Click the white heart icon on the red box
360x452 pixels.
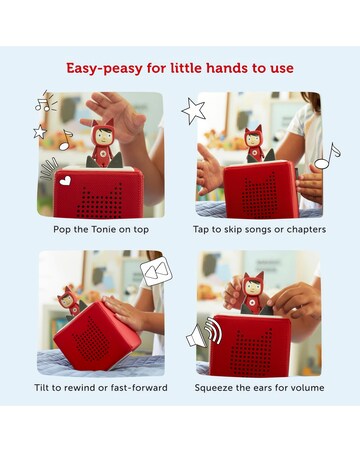65,181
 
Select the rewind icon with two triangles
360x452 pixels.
156,271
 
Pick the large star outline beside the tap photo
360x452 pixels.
193,111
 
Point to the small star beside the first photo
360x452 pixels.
40,132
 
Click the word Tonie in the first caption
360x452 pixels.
102,229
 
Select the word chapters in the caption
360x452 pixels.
306,230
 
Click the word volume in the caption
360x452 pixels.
307,388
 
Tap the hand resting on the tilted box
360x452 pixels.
124,312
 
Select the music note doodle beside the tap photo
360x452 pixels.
327,156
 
